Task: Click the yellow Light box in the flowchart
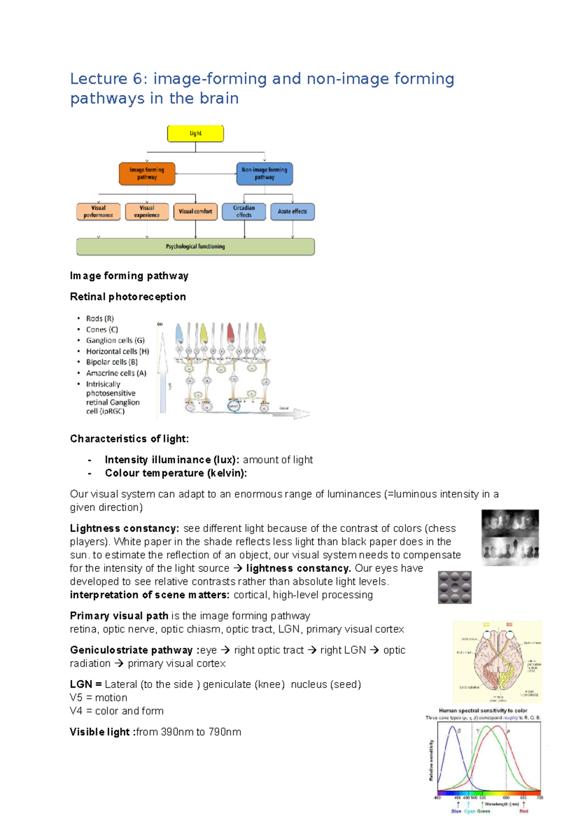click(x=195, y=133)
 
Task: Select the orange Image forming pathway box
click(x=147, y=173)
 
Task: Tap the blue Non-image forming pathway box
click(x=264, y=173)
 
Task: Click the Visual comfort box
click(x=195, y=211)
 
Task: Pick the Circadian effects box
click(x=244, y=211)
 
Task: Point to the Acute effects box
click(x=292, y=211)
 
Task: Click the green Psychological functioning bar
click(x=195, y=247)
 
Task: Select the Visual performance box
click(x=98, y=211)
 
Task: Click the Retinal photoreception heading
click(x=128, y=297)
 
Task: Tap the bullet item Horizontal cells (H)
click(x=118, y=352)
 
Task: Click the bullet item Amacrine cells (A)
click(x=116, y=373)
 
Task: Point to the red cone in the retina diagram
click(x=230, y=332)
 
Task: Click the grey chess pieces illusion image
click(x=510, y=538)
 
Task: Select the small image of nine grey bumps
click(x=455, y=587)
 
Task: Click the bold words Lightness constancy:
click(x=124, y=528)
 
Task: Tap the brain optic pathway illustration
click(x=497, y=662)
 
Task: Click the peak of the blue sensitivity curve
click(x=452, y=727)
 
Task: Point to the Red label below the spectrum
click(x=524, y=811)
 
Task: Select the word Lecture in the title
click(x=98, y=79)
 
